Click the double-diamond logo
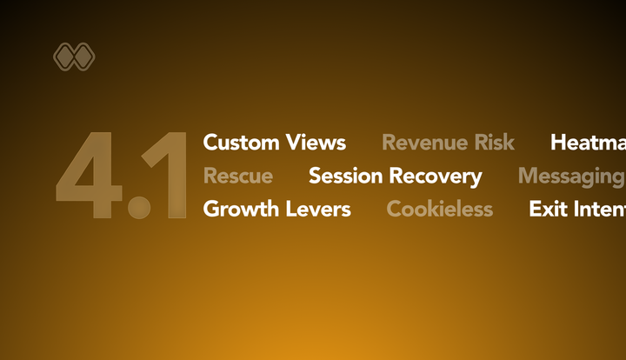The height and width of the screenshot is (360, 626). click(x=74, y=57)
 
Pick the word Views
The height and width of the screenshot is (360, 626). click(x=316, y=143)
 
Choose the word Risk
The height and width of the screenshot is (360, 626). click(x=493, y=143)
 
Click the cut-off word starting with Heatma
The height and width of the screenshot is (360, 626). click(x=588, y=143)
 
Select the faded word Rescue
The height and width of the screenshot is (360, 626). click(x=237, y=177)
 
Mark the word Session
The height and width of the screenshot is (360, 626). click(x=345, y=177)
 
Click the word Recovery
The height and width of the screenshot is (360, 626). click(x=435, y=177)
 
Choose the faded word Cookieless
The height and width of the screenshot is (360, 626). click(x=439, y=210)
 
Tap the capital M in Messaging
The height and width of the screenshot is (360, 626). click(x=528, y=177)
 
